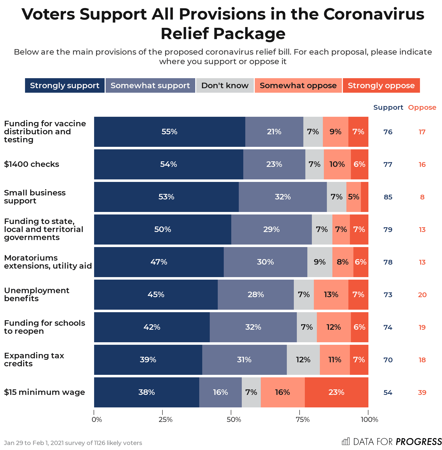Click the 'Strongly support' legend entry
click(65, 85)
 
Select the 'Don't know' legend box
click(225, 85)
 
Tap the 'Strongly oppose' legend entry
click(381, 85)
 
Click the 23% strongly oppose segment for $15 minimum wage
click(336, 392)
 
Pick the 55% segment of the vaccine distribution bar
click(169, 132)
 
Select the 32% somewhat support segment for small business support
click(283, 197)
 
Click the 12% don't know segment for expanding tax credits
click(303, 360)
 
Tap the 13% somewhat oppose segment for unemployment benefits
click(331, 294)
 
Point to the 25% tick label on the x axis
click(165, 419)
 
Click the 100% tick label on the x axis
click(369, 419)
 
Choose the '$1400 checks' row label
click(32, 164)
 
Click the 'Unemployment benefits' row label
click(37, 294)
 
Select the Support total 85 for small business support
click(388, 197)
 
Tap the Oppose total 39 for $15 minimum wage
click(422, 392)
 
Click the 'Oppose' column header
click(422, 107)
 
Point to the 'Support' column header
click(388, 107)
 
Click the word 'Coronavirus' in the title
click(374, 14)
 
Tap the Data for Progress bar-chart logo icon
click(346, 441)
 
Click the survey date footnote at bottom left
click(73, 443)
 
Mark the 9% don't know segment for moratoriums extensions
click(320, 262)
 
